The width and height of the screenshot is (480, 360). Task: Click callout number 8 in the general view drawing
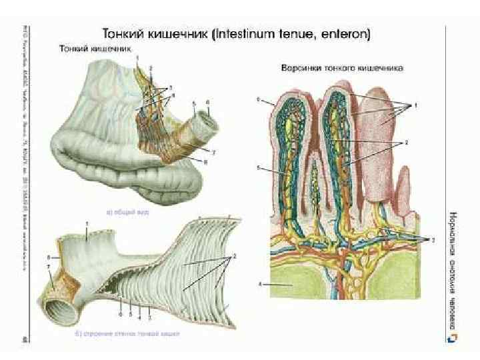click(x=206, y=162)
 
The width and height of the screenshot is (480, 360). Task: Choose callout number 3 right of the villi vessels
click(x=433, y=238)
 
